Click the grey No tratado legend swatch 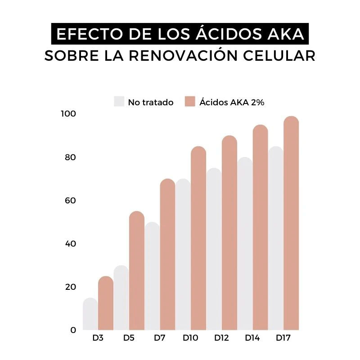click(119, 102)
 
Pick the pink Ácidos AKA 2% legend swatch click(189, 102)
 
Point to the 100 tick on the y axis click(68, 114)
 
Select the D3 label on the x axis click(98, 337)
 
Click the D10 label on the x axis click(190, 337)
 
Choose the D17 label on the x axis click(283, 337)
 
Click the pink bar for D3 click(106, 303)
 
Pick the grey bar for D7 click(152, 276)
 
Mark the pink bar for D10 click(198, 238)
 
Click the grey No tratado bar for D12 click(214, 249)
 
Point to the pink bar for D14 click(260, 228)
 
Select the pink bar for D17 click(291, 223)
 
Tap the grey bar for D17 click(275, 238)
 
